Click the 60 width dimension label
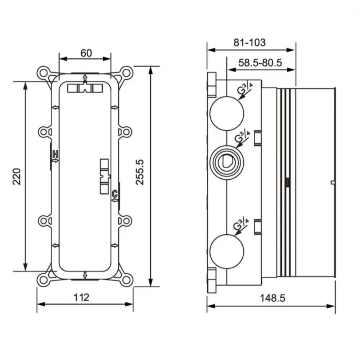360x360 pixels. click(x=86, y=53)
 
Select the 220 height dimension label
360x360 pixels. click(x=17, y=176)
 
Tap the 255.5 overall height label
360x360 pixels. click(x=140, y=172)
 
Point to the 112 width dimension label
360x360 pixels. click(x=81, y=298)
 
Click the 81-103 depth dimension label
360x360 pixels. click(x=249, y=42)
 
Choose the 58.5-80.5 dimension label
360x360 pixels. click(x=260, y=63)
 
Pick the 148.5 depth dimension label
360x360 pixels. click(x=273, y=298)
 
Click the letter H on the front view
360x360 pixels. click(x=55, y=154)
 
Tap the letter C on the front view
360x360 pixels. click(x=115, y=194)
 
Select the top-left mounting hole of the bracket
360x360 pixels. click(x=44, y=73)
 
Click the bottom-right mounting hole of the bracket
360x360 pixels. click(x=126, y=280)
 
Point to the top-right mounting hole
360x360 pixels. click(x=126, y=73)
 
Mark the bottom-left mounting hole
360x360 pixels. click(x=44, y=280)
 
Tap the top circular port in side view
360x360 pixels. click(x=227, y=114)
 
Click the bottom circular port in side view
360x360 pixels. click(x=227, y=252)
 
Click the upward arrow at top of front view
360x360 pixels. click(x=85, y=78)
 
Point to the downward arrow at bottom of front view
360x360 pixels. click(x=85, y=275)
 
